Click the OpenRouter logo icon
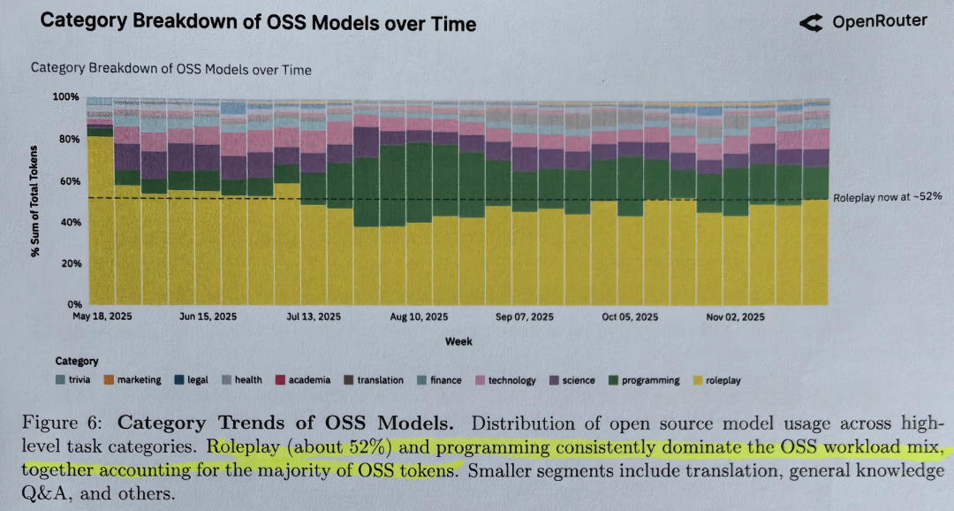[x=813, y=23]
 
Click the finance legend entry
[x=438, y=380]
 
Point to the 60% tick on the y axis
[x=69, y=181]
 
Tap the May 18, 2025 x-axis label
[x=102, y=316]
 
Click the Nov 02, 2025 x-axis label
[x=734, y=316]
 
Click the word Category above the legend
[x=77, y=361]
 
